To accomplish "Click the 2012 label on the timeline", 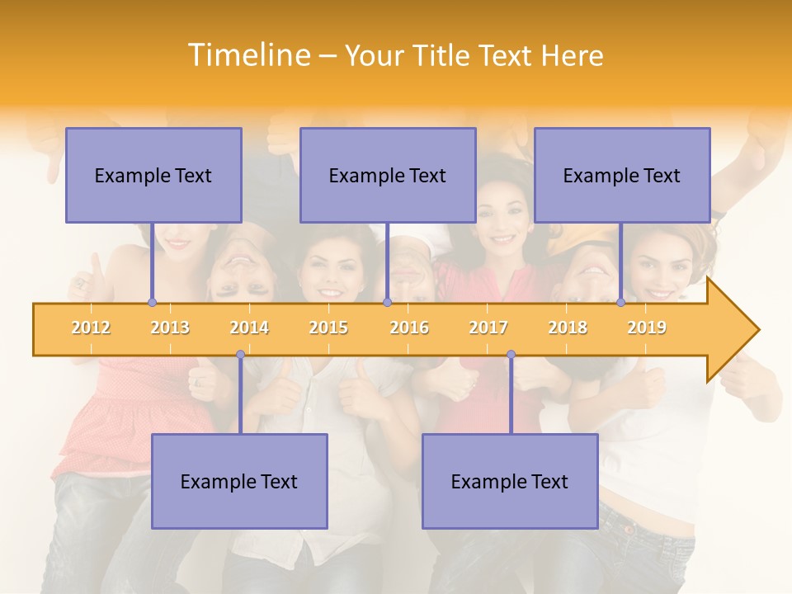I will pos(91,328).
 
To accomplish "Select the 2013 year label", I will pos(170,328).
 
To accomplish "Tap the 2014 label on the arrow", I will pos(249,328).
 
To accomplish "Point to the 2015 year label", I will pos(328,328).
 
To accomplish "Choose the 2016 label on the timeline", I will pos(409,328).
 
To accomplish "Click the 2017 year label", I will pos(488,328).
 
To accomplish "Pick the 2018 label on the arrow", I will pos(568,328).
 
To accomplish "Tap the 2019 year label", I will pos(647,328).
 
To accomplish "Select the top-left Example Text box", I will pos(153,175).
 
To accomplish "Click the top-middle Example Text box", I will pos(388,175).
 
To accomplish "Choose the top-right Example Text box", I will pos(622,175).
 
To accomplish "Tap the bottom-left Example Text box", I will pos(239,481).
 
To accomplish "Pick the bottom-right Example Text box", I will pos(510,481).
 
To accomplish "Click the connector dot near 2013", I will pos(152,303).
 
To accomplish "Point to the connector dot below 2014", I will pos(240,355).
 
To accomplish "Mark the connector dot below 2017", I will pos(511,355).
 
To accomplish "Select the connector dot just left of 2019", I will pos(620,303).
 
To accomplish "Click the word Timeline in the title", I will pos(248,55).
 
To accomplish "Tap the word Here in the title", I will pos(572,55).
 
